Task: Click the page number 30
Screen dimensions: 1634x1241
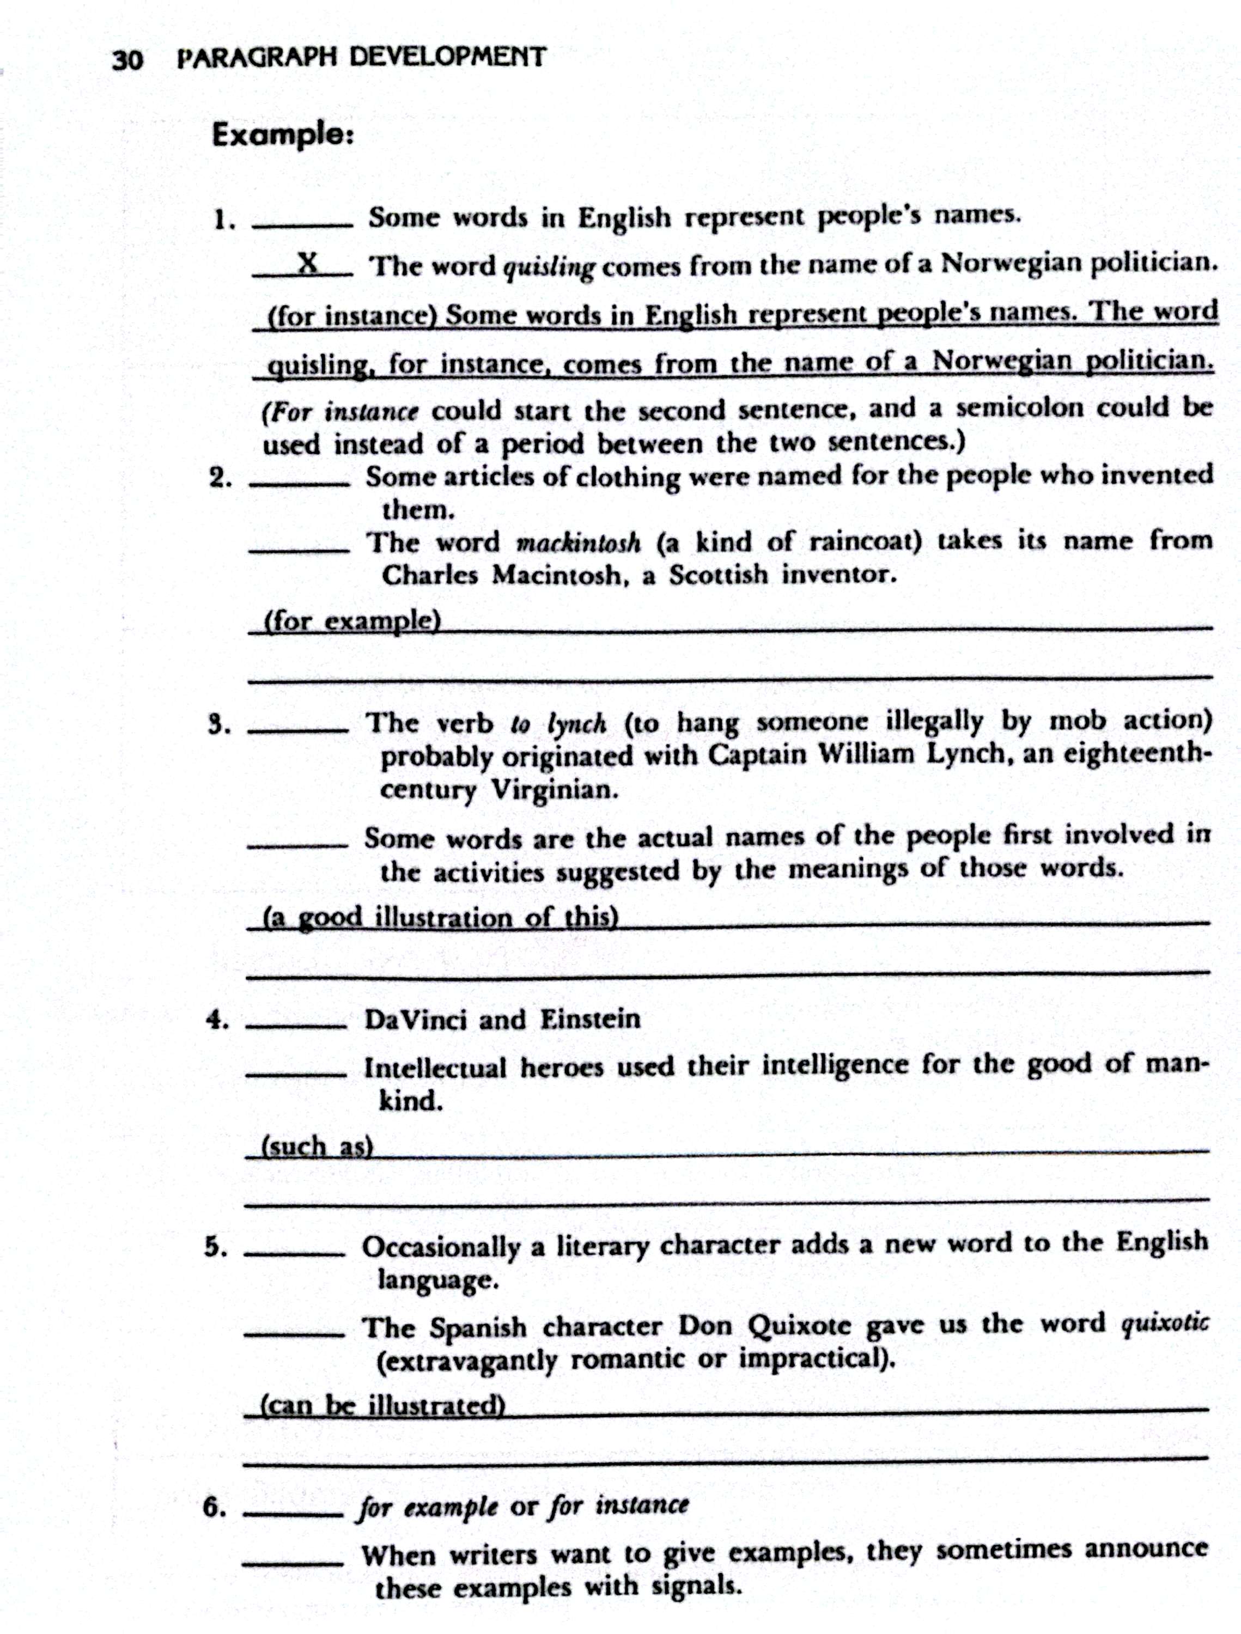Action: (x=126, y=59)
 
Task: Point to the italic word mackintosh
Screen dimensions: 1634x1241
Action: (x=577, y=543)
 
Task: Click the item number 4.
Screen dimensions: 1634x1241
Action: (x=216, y=1020)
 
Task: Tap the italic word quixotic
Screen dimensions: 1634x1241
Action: (x=1165, y=1323)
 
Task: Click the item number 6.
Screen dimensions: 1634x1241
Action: (x=214, y=1507)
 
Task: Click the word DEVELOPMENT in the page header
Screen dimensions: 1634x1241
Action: (x=446, y=57)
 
